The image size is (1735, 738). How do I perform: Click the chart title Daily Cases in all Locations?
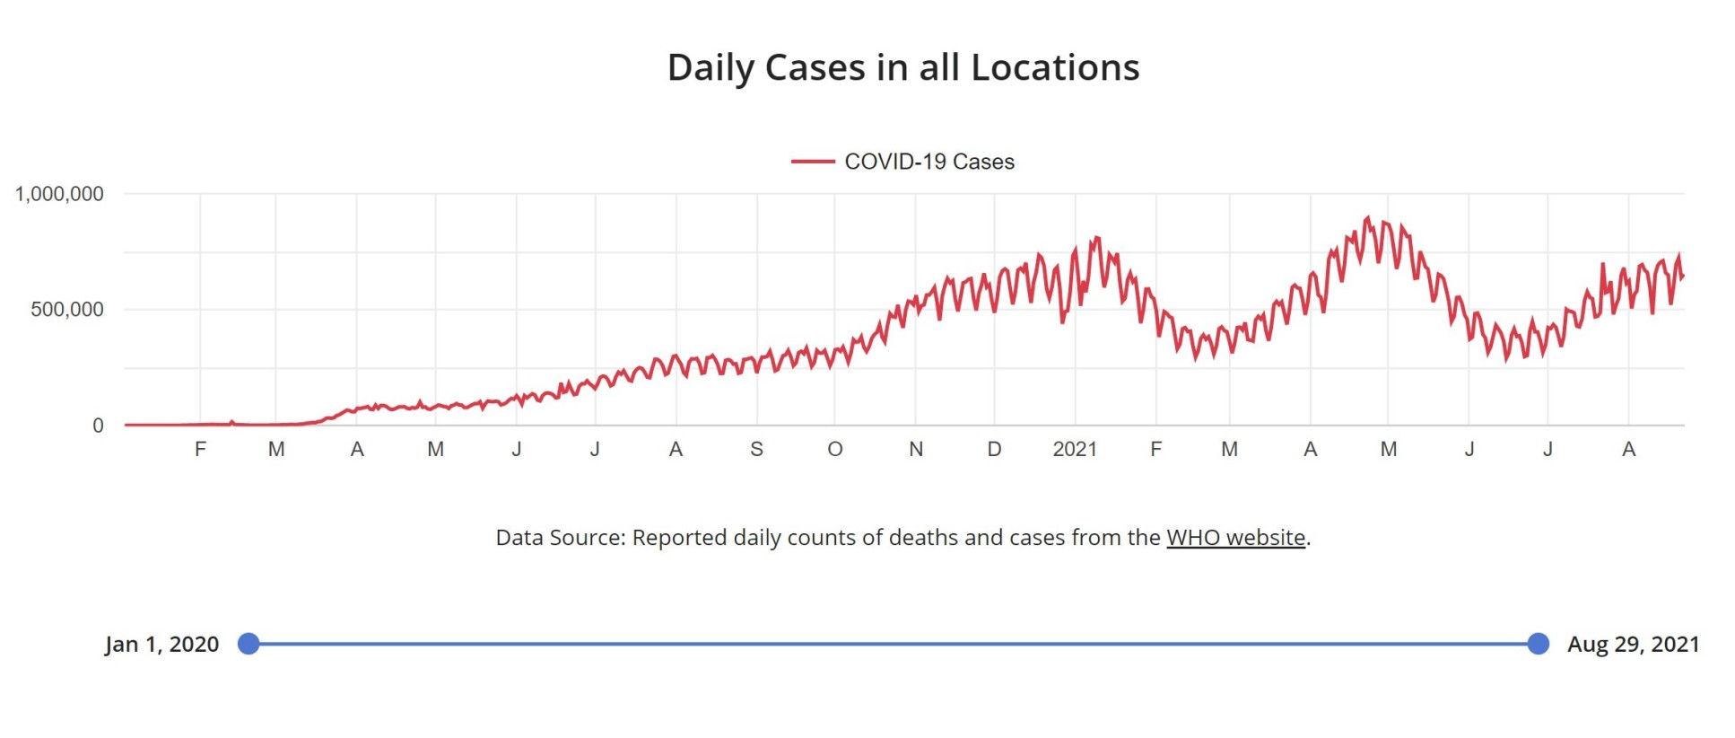click(902, 67)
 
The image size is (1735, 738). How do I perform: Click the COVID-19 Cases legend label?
click(929, 162)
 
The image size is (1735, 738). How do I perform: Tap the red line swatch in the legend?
click(812, 162)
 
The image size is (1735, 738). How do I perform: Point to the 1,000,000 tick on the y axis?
click(59, 194)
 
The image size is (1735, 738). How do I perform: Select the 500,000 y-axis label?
click(67, 310)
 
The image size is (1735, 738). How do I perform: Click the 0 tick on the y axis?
click(98, 426)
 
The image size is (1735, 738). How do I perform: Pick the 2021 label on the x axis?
click(1074, 449)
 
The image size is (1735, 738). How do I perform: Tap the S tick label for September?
click(756, 449)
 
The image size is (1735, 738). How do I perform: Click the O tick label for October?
click(834, 449)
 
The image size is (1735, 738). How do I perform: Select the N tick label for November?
click(915, 449)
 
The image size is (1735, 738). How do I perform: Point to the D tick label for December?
click(994, 449)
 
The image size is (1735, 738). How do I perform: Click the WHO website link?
click(1235, 538)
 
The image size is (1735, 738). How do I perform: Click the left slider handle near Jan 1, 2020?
click(248, 644)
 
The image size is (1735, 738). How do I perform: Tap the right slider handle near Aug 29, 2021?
click(1538, 644)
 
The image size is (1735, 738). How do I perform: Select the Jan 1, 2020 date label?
click(161, 645)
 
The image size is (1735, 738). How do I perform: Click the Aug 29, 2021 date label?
click(1633, 645)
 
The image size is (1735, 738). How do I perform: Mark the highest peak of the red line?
click(1367, 217)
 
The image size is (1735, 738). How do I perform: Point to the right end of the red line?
click(1683, 276)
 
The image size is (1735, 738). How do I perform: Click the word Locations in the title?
click(1055, 67)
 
